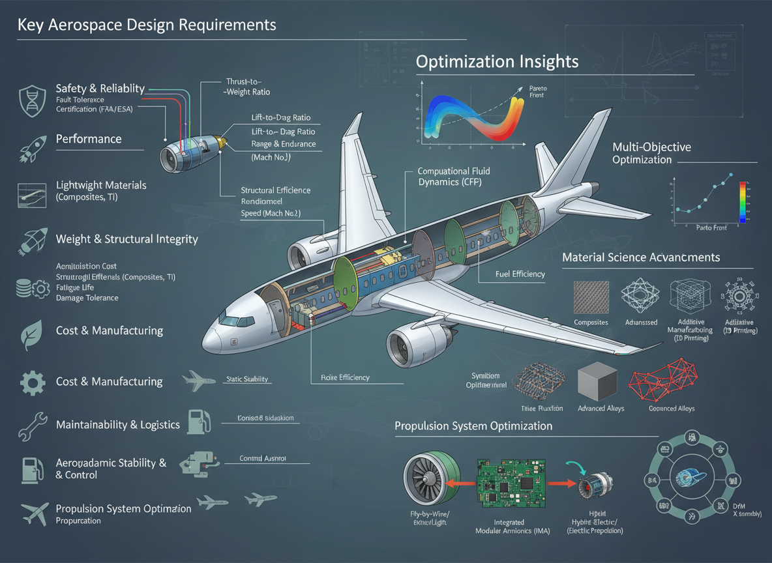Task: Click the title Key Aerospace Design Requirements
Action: pyautogui.click(x=147, y=25)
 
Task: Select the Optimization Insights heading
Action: pyautogui.click(x=497, y=61)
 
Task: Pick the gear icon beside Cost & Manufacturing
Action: pyautogui.click(x=31, y=382)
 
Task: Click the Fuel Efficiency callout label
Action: pyautogui.click(x=519, y=274)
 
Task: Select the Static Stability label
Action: pyautogui.click(x=247, y=379)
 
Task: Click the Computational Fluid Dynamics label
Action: pyautogui.click(x=453, y=177)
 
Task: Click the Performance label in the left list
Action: pyautogui.click(x=89, y=139)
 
